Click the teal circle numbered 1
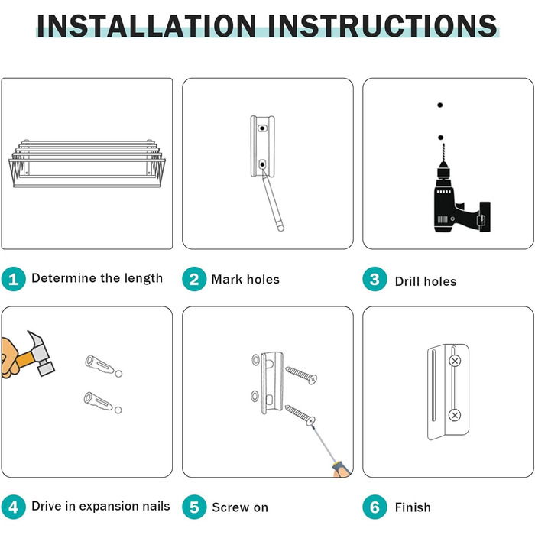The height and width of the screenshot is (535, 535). point(13,279)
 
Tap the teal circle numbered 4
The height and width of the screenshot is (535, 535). point(13,507)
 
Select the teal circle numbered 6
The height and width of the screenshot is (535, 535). point(374,507)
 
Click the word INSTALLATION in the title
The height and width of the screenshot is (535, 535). point(147,25)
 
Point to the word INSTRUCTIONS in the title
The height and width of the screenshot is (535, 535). point(382,25)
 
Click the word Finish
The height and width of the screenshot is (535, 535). point(413,507)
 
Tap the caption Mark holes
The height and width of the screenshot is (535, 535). point(245,280)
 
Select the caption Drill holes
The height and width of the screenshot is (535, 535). point(426,281)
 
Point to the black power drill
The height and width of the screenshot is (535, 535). point(457,194)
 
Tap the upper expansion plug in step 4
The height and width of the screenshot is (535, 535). point(99,365)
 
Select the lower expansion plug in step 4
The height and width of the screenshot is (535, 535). point(99,401)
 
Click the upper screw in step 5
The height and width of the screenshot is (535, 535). point(301,374)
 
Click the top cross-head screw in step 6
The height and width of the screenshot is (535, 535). point(455,361)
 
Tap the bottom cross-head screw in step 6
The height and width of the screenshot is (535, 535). point(455,415)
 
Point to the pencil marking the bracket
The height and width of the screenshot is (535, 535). point(272,200)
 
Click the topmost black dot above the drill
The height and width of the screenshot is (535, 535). point(440,105)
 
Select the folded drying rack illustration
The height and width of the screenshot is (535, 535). point(87,163)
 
